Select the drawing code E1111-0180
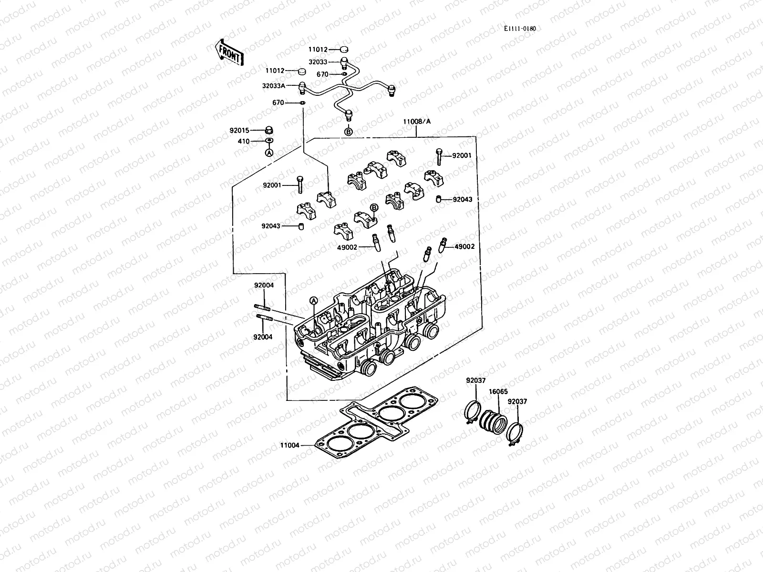(x=520, y=29)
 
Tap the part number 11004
(x=290, y=445)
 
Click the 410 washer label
(x=244, y=141)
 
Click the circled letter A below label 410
(x=269, y=153)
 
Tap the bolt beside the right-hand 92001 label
(x=438, y=156)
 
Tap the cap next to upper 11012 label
(x=345, y=49)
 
